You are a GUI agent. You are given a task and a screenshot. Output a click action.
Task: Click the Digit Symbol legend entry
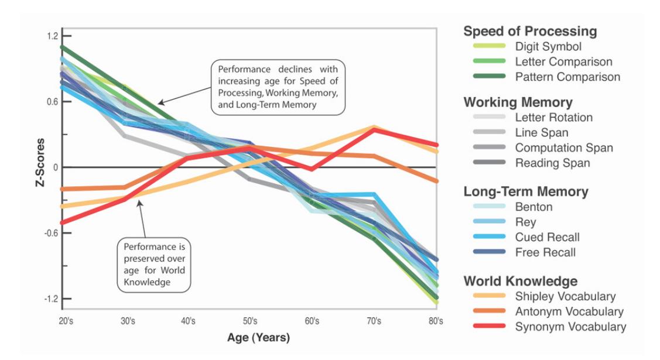548,46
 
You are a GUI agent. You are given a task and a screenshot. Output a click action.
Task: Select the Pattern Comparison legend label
567,77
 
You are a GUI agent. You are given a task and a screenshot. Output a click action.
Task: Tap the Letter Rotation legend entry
553,117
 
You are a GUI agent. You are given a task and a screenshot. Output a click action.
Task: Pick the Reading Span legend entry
553,163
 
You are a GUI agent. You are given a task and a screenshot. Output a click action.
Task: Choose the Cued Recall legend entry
547,237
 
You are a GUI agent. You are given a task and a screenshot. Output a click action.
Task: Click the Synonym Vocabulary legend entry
570,327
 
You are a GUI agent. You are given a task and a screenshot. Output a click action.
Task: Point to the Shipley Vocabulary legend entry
565,296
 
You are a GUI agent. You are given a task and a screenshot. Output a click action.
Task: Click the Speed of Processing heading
530,31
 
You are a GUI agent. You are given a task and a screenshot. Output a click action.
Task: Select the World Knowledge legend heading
520,281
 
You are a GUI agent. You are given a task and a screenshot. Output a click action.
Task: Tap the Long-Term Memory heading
526,191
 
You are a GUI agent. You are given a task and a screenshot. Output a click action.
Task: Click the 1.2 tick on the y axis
52,36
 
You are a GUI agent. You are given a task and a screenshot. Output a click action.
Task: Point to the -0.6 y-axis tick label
51,233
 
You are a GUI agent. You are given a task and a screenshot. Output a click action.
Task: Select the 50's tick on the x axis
250,321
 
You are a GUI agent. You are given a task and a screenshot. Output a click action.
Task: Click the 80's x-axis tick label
436,321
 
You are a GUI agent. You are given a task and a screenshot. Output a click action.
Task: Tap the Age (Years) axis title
258,338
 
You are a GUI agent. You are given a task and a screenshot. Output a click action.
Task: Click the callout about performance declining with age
278,87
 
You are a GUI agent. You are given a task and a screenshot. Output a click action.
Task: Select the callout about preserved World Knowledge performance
154,265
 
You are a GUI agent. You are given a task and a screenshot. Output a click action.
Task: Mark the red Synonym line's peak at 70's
374,129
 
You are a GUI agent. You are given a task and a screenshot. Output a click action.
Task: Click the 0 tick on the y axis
54,167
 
